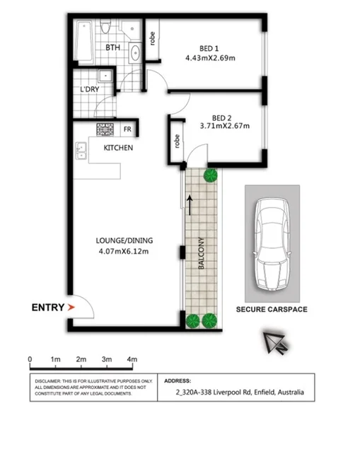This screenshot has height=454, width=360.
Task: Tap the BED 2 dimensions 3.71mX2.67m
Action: pyautogui.click(x=225, y=127)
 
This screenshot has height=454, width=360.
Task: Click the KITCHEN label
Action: pyautogui.click(x=119, y=149)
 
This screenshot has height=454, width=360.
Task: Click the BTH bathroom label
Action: pyautogui.click(x=112, y=48)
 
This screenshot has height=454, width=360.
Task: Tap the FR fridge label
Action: pyautogui.click(x=127, y=129)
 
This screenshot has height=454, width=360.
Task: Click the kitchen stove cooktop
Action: pyautogui.click(x=105, y=129)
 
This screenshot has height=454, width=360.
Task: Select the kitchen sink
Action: pyautogui.click(x=81, y=150)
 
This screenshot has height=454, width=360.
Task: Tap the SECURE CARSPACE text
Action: pyautogui.click(x=272, y=310)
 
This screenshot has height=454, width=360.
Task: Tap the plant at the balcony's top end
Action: pyautogui.click(x=209, y=175)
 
